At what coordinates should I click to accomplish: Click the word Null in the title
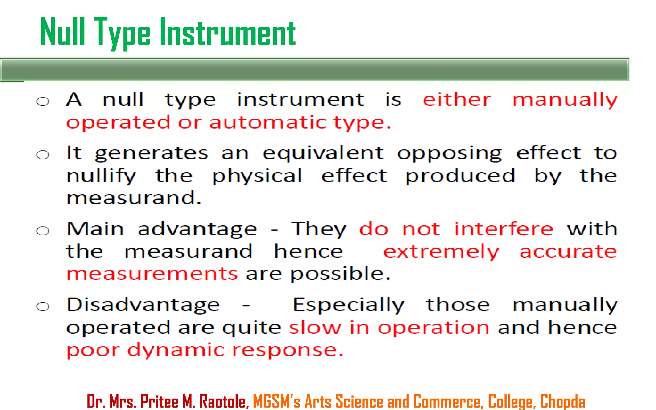pos(62,32)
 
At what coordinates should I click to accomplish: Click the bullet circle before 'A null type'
pos(43,102)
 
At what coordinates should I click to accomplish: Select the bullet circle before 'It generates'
pos(43,155)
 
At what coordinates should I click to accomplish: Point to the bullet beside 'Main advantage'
pos(43,231)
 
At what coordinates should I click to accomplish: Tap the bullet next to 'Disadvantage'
pos(43,307)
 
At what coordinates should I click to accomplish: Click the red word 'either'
pos(457,100)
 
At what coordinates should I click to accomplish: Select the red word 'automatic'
pos(268,122)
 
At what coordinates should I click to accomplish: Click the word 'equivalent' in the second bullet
pos(323,153)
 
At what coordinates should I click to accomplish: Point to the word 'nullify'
pos(101,176)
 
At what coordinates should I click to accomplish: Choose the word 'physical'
pos(257,176)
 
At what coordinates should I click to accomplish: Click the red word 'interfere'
pos(504,229)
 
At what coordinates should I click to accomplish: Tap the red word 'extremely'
pos(441,252)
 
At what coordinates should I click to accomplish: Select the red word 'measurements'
pos(152,274)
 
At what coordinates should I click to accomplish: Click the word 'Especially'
pos(348,305)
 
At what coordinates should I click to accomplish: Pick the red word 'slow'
pos(315,328)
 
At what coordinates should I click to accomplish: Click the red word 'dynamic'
pos(176,350)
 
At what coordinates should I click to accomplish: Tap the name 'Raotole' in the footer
pos(224,401)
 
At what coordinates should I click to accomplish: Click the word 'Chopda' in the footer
pos(562,401)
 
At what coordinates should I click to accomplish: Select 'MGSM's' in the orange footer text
pos(276,401)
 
